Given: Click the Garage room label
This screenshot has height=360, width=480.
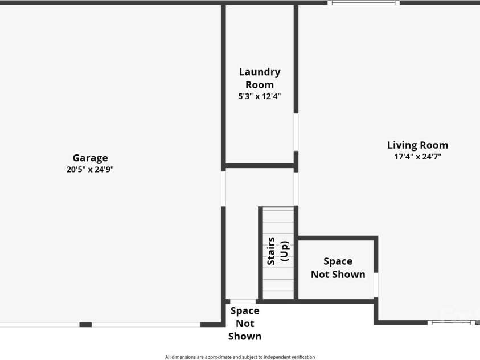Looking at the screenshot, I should pyautogui.click(x=90, y=158).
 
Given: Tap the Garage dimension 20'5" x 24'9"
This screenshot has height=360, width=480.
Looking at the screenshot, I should pyautogui.click(x=90, y=169).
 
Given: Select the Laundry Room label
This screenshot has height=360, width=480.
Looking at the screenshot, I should pyautogui.click(x=259, y=78).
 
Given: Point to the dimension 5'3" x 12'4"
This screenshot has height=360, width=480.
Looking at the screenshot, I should pyautogui.click(x=259, y=96).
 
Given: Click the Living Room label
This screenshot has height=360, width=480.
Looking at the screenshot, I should pyautogui.click(x=417, y=145).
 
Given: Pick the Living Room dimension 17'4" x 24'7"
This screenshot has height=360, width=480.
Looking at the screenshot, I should pyautogui.click(x=417, y=156).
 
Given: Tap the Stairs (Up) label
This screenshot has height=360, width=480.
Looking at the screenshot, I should pyautogui.click(x=278, y=251).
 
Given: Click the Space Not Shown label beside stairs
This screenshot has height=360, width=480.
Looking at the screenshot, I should pyautogui.click(x=338, y=268).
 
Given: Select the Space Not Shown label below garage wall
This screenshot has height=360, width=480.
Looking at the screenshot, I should pyautogui.click(x=245, y=323).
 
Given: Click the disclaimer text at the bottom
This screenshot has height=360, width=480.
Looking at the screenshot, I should pyautogui.click(x=240, y=357).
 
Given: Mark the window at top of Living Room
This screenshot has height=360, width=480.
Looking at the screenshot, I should pyautogui.click(x=363, y=3).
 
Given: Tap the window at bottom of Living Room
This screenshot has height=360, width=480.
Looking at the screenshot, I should pyautogui.click(x=452, y=322).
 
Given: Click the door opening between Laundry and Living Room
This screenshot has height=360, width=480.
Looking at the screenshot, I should pyautogui.click(x=296, y=132).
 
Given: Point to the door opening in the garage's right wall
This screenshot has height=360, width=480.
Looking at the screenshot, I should pyautogui.click(x=223, y=188).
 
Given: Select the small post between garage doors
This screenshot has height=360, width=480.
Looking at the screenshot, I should pyautogui.click(x=85, y=325).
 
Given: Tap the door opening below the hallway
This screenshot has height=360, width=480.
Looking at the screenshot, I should pyautogui.click(x=243, y=301).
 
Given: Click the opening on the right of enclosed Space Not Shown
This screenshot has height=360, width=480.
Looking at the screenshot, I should pyautogui.click(x=376, y=285).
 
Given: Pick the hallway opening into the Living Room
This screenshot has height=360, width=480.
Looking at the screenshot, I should pyautogui.click(x=296, y=188).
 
